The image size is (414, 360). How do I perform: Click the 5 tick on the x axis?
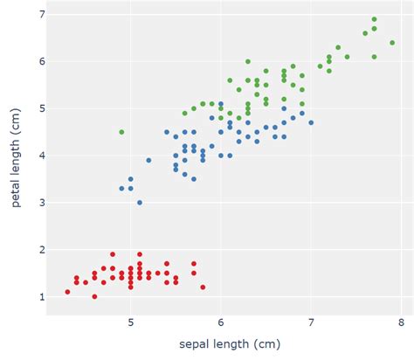131,322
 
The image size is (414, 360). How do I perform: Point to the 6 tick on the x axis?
221,322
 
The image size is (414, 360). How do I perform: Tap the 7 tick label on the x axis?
312,322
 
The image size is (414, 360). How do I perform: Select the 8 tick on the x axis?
402,322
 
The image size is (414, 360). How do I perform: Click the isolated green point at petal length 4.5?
121,132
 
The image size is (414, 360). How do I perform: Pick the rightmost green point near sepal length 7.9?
392,43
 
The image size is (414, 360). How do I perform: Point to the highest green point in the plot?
374,19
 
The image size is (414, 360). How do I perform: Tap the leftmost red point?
67,292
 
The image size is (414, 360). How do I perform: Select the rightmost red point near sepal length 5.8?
203,287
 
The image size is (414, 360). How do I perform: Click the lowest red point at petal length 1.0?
94,297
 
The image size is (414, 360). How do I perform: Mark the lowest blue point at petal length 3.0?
140,203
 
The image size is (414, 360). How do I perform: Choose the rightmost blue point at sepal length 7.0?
311,122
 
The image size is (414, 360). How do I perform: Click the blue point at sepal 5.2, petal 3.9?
148,160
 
